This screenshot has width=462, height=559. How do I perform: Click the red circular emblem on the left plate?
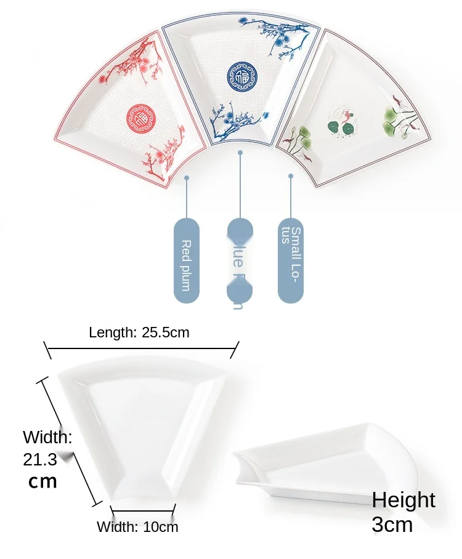[x=139, y=116]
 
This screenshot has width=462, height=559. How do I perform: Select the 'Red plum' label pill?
[x=186, y=261]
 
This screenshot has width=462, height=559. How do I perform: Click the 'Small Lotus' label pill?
[x=291, y=261]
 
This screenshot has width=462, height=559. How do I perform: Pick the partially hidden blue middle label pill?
[x=239, y=261]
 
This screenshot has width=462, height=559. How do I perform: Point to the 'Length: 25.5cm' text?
[x=139, y=333]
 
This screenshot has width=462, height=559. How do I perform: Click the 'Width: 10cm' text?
[x=137, y=527]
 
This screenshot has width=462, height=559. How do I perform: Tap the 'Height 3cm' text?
[x=403, y=512]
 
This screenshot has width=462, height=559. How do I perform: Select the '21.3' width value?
[x=40, y=459]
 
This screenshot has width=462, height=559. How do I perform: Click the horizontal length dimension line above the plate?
[x=141, y=348]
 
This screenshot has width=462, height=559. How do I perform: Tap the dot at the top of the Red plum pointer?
[x=186, y=178]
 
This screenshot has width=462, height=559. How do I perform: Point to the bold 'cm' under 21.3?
[x=43, y=481]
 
